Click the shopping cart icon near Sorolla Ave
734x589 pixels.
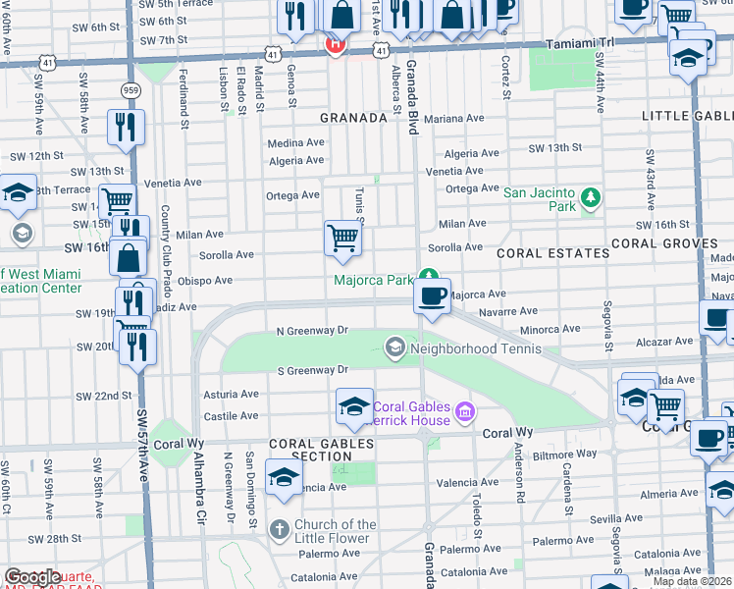(x=341, y=238)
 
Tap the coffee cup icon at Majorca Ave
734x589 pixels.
(x=432, y=294)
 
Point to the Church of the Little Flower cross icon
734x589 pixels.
(x=280, y=530)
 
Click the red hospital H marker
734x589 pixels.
(x=335, y=43)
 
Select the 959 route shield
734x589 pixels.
(x=130, y=89)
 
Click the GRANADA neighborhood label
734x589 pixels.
(x=353, y=118)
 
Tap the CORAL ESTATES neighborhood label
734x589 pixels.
(x=552, y=253)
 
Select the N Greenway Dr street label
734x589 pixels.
(x=312, y=331)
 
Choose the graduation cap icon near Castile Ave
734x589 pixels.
(x=354, y=406)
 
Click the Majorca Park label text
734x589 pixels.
(x=373, y=280)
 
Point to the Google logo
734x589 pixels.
(x=32, y=577)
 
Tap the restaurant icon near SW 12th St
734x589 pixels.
(x=126, y=127)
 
